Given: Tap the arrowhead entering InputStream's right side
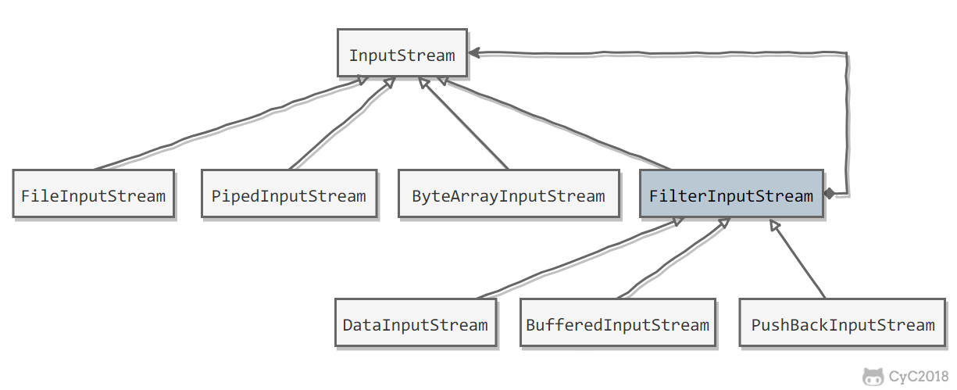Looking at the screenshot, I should pyautogui.click(x=474, y=53).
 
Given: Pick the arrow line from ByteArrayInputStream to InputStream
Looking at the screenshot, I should pyautogui.click(x=466, y=123).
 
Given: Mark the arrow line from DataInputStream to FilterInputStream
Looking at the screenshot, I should pyautogui.click(x=578, y=259).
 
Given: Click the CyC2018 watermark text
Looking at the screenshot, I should pyautogui.click(x=918, y=377).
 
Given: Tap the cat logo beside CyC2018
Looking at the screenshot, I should pyautogui.click(x=873, y=377).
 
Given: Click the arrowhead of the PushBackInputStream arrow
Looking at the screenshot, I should pyautogui.click(x=774, y=225).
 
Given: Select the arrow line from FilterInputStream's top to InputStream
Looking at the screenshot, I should pyautogui.click(x=555, y=123).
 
